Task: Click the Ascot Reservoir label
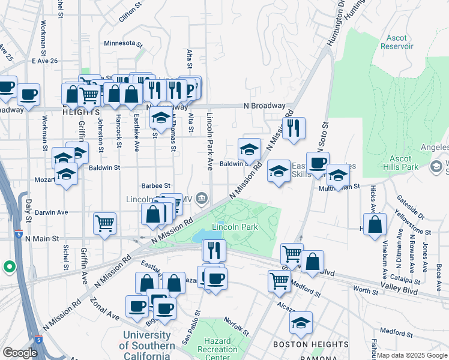pyautogui.click(x=397, y=42)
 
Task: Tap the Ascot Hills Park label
pyautogui.click(x=397, y=163)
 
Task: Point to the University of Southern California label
pyautogui.click(x=147, y=341)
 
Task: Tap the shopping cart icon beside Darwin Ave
pyautogui.click(x=105, y=223)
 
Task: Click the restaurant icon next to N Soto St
pyautogui.click(x=294, y=128)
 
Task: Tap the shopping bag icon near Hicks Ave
pyautogui.click(x=375, y=224)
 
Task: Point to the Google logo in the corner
pyautogui.click(x=20, y=353)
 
